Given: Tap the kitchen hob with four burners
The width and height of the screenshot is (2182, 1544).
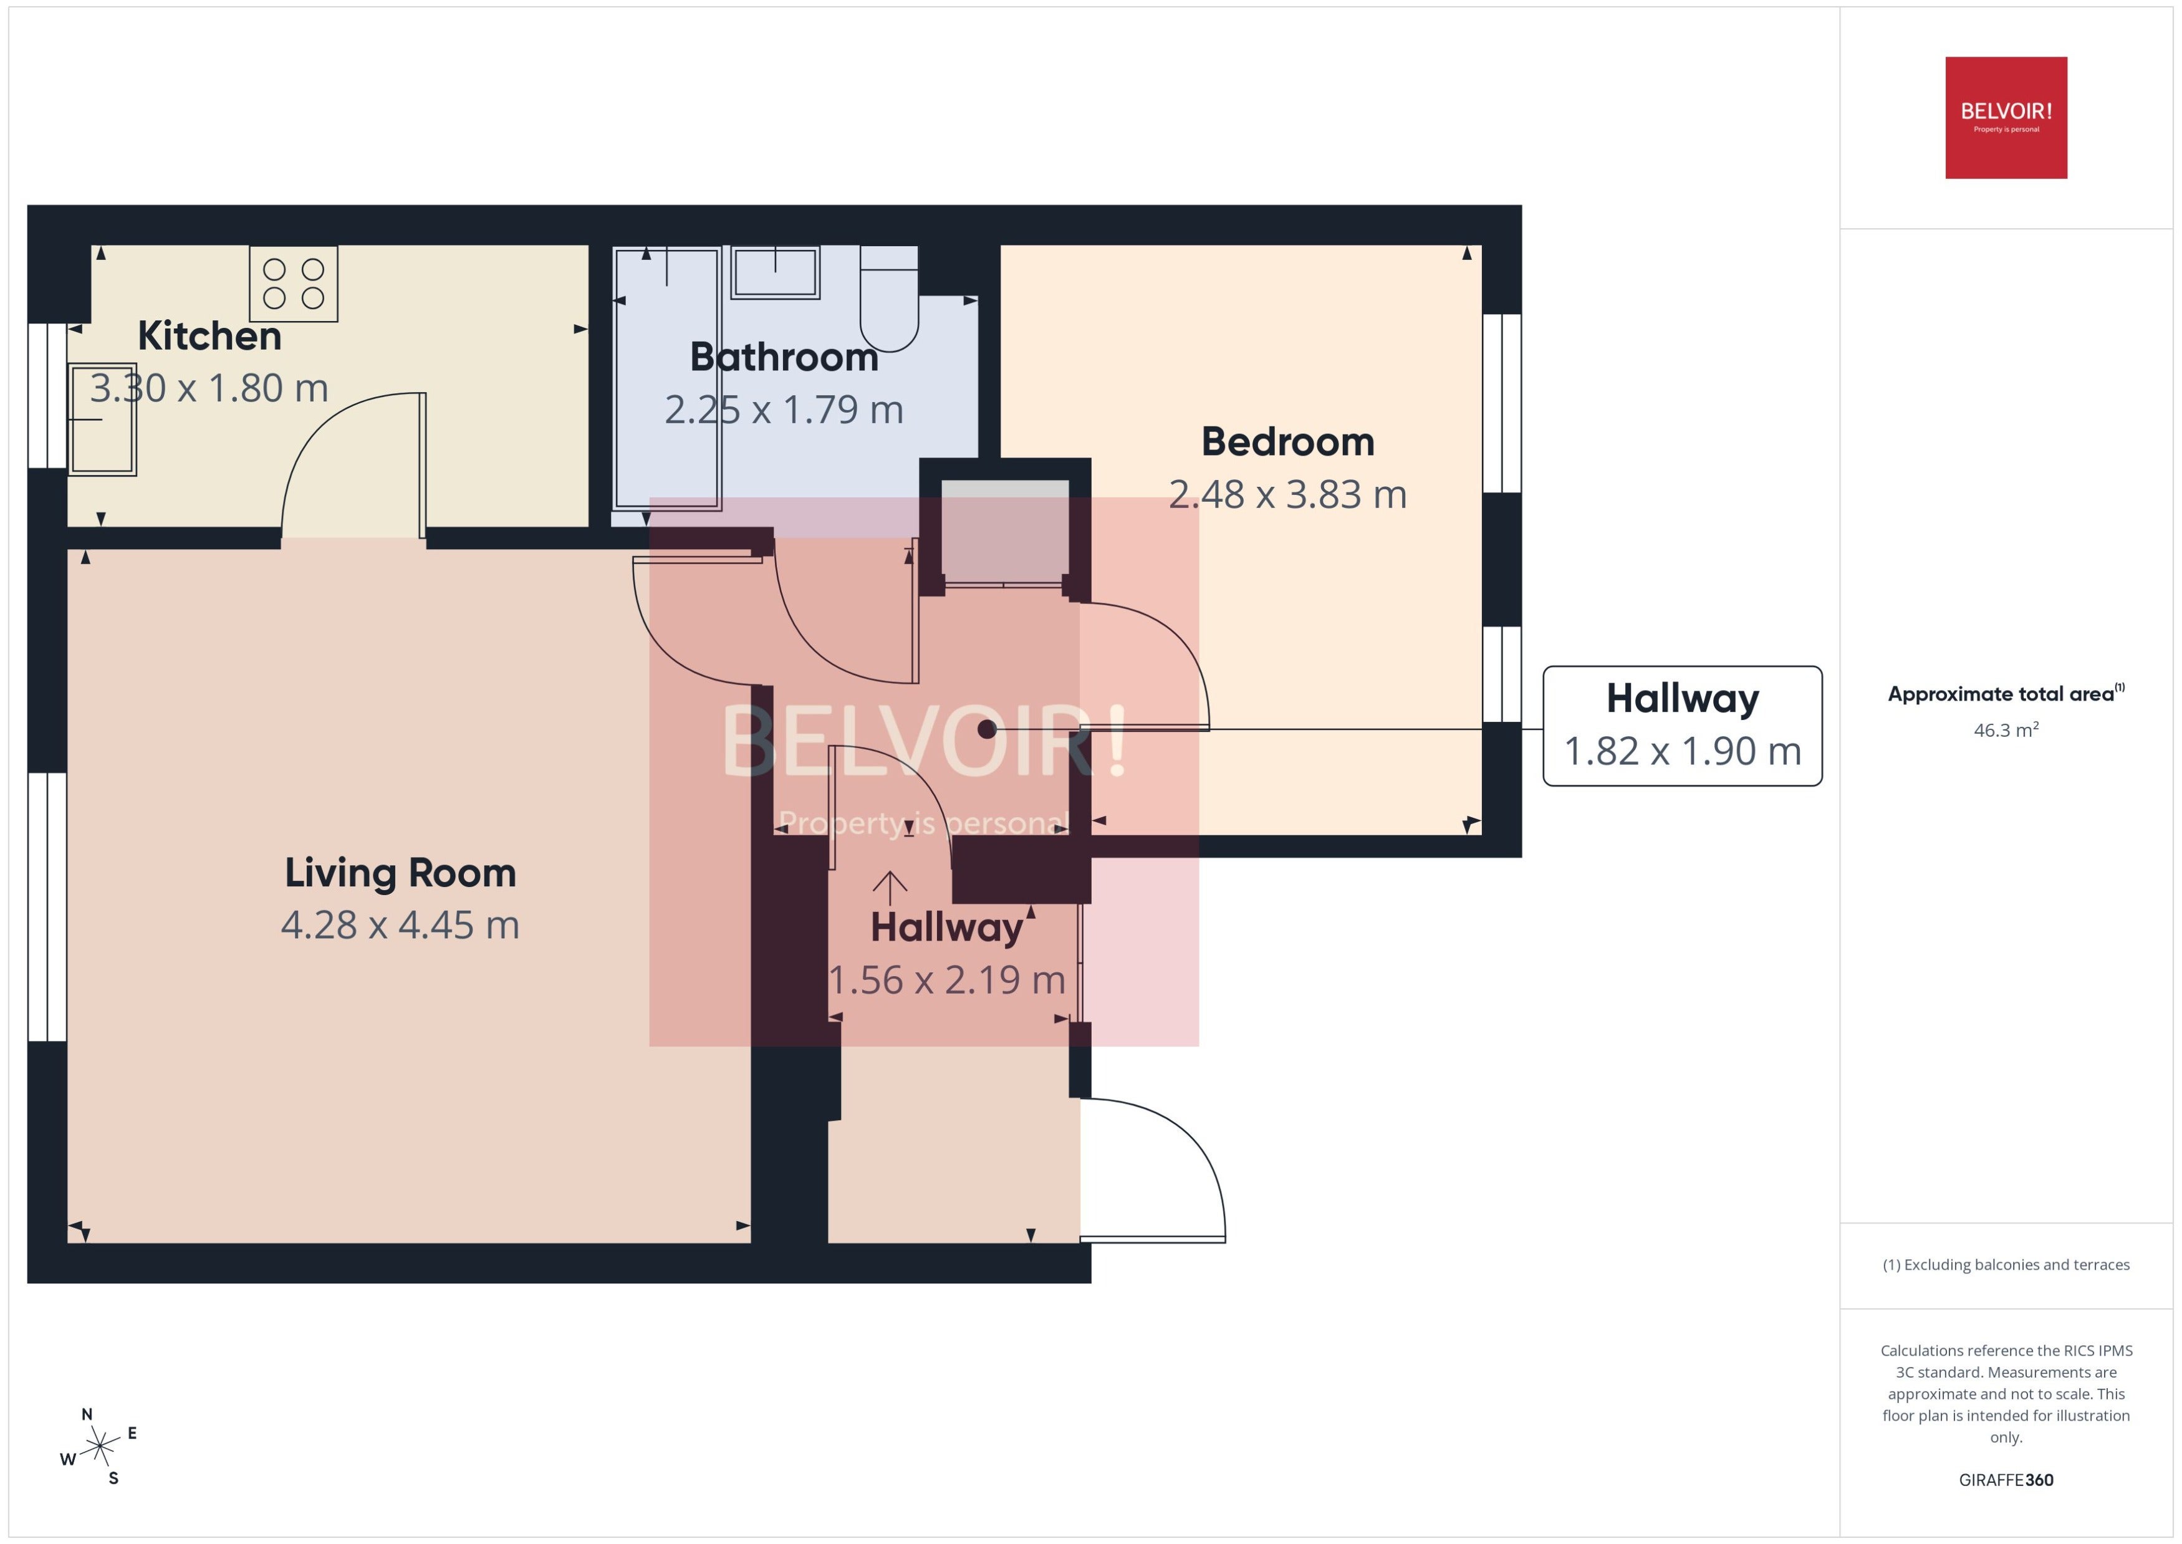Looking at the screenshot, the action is point(294,284).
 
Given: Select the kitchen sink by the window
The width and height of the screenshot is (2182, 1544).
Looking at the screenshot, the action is point(102,420).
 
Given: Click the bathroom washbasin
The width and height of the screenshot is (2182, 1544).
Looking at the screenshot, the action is point(776,273).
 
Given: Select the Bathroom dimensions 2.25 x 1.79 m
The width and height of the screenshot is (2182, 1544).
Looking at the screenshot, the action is point(784,410).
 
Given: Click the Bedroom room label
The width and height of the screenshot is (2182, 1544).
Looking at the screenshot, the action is point(1287,441).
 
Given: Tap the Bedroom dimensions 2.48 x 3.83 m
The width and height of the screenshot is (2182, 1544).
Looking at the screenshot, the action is point(1287,494).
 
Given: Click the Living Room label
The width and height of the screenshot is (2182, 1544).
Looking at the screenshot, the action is point(400,873).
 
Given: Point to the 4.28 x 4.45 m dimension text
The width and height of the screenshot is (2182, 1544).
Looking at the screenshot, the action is point(400,925).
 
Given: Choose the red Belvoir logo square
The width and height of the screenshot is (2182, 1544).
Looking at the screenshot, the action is point(2006,118).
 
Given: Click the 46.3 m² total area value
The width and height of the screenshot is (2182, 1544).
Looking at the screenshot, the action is point(2006,730).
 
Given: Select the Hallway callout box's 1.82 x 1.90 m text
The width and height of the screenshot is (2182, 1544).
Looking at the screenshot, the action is point(1683,751).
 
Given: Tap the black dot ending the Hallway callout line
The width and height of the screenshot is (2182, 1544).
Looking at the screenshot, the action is point(987,729).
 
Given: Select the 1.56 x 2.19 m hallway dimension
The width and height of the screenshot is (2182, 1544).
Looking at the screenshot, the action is point(947,981).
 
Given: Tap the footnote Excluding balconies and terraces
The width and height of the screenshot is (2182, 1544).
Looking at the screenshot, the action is point(2006,1265).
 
